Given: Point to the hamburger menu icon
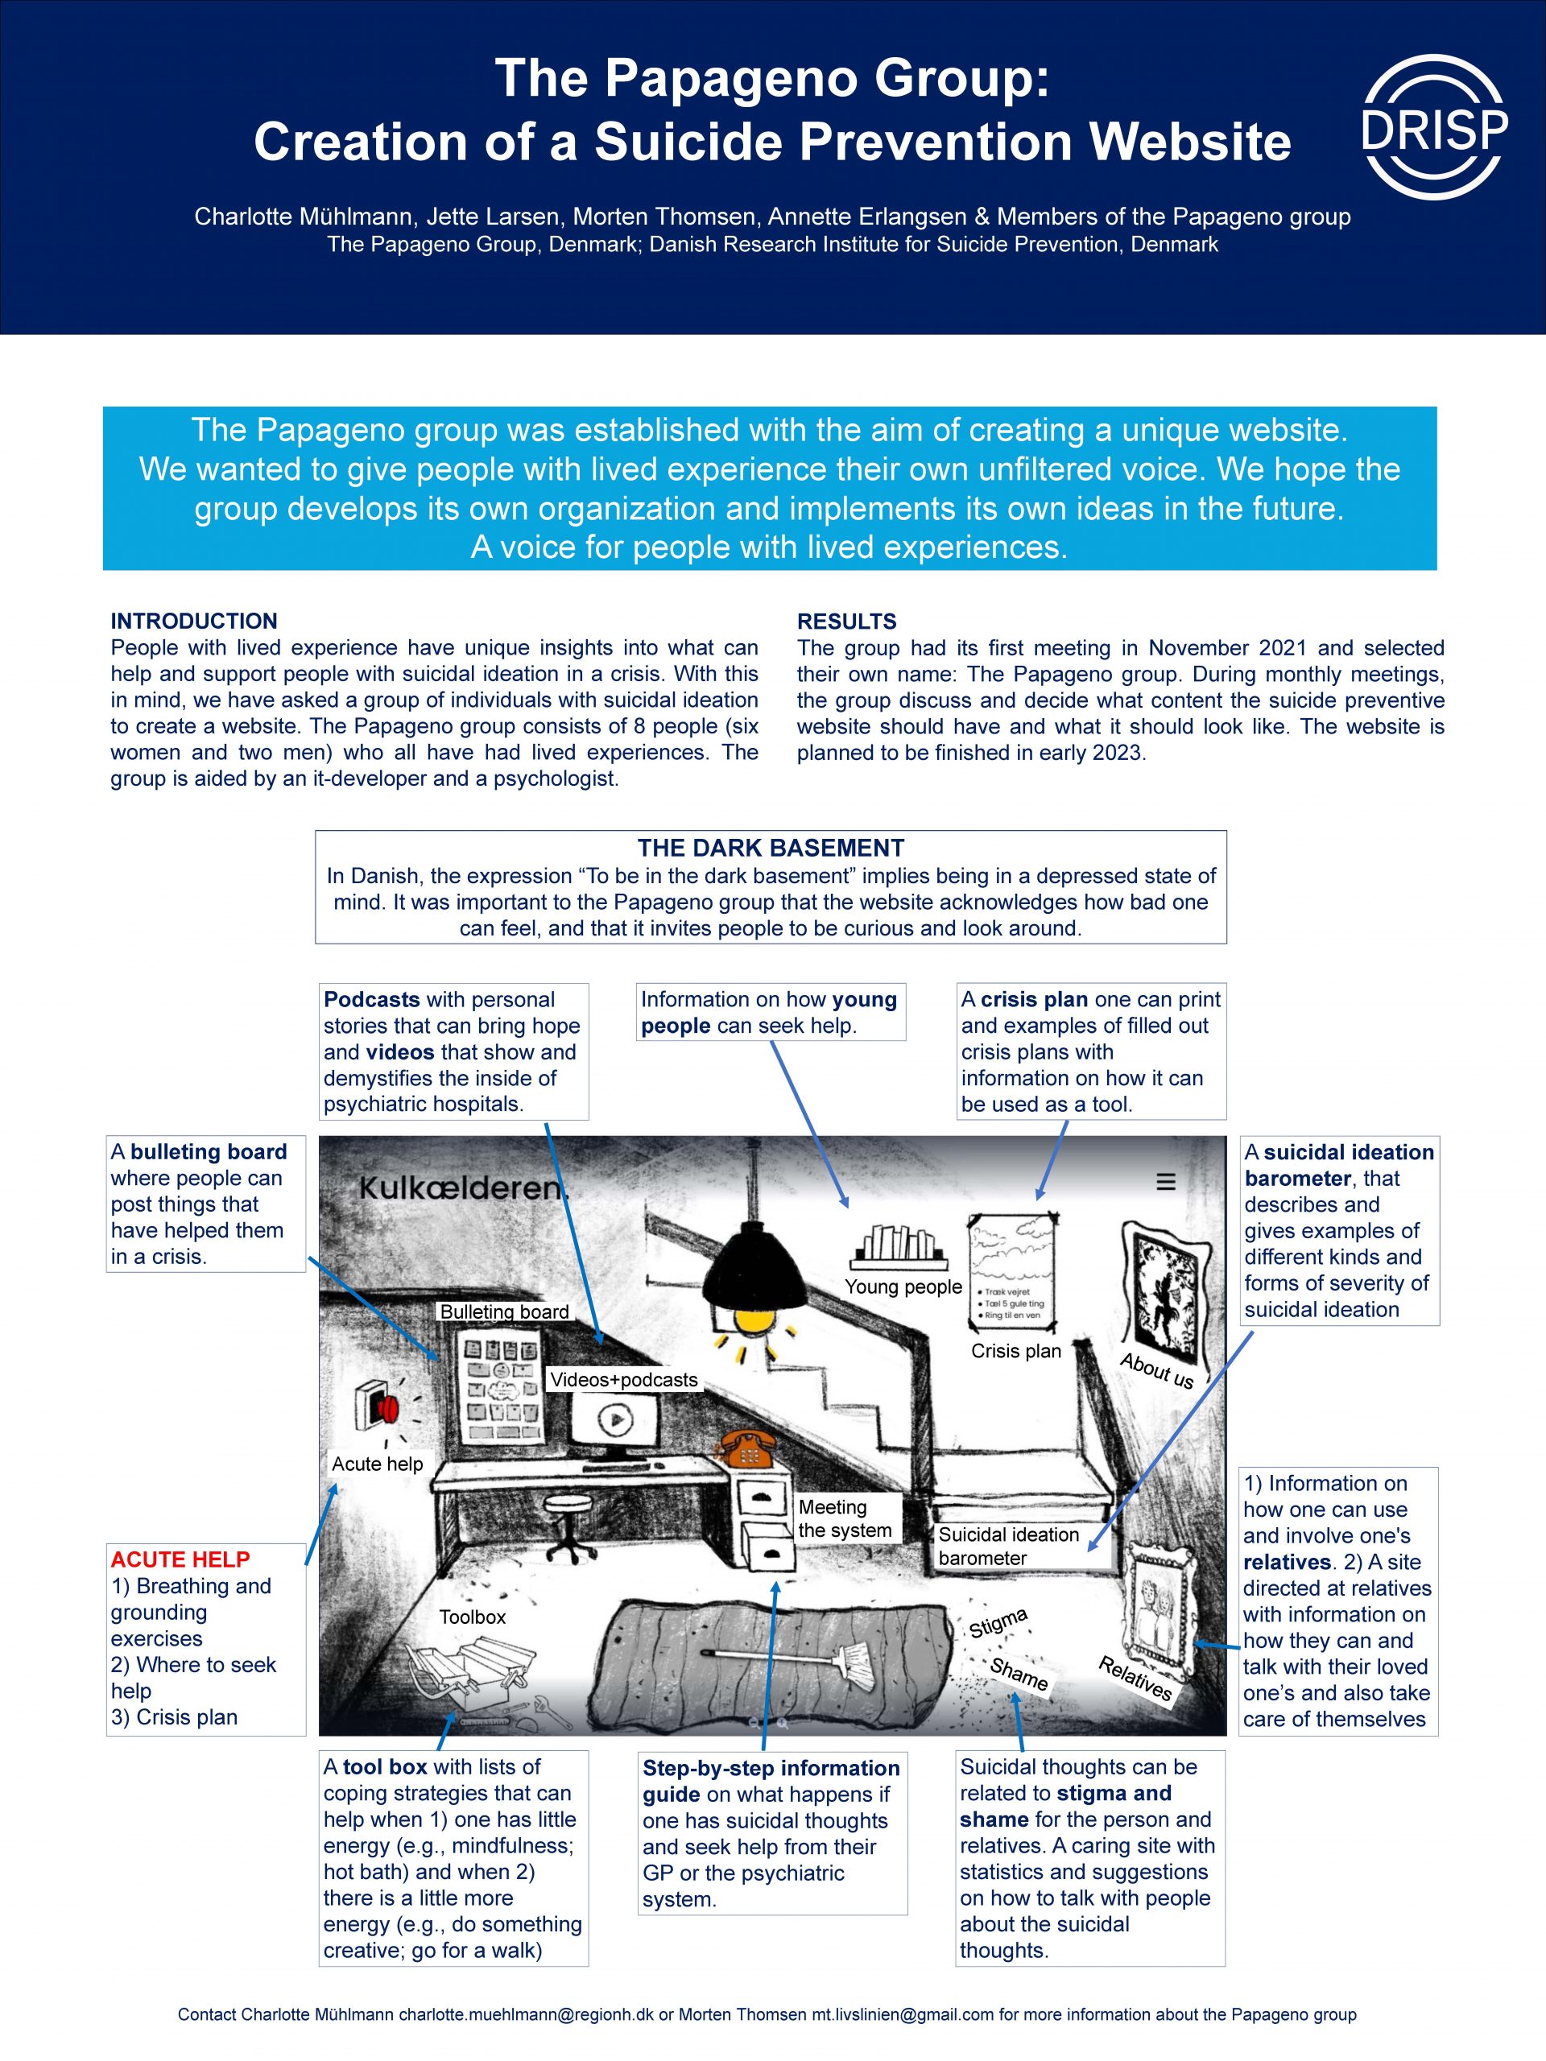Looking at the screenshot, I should click(1166, 1181).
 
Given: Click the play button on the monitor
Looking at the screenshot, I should click(614, 1420).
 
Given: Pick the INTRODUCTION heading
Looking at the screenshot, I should click(194, 622).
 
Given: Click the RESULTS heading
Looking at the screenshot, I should click(846, 622).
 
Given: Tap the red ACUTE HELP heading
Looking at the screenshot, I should click(180, 1559).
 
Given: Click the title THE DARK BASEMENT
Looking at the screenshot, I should click(771, 848).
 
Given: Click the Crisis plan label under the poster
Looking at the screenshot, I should click(1015, 1351).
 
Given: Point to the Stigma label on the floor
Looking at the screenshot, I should click(998, 1622).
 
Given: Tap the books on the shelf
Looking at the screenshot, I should click(899, 1243).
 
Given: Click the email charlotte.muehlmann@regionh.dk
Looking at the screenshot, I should click(526, 2014).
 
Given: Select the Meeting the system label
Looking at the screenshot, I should click(845, 1518).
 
